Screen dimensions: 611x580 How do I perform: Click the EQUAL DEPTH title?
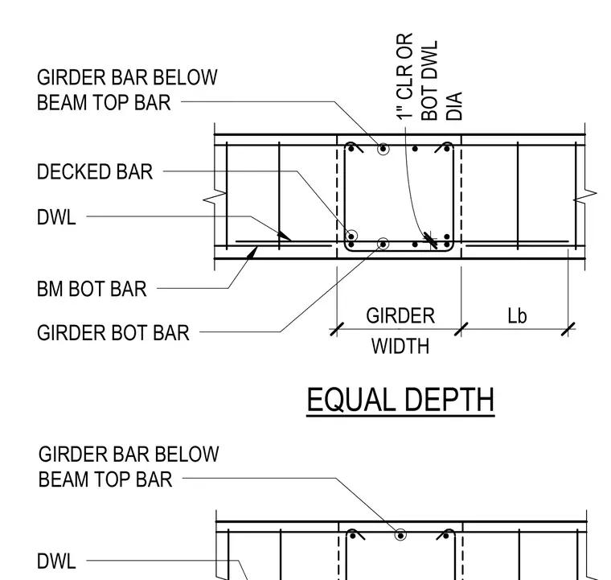point(400,400)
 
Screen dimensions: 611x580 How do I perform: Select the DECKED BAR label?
point(95,172)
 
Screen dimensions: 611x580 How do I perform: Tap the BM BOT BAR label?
point(92,290)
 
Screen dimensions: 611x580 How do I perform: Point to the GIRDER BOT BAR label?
point(113,333)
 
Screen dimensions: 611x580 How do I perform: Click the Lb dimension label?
point(517,315)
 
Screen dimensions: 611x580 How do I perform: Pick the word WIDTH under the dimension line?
point(400,346)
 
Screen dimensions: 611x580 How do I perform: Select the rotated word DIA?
point(454,105)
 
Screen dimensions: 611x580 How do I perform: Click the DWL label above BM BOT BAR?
point(56,217)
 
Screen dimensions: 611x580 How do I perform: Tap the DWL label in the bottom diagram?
point(56,561)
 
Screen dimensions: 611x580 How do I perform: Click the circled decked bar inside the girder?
point(351,236)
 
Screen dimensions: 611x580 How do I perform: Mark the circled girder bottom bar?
point(383,244)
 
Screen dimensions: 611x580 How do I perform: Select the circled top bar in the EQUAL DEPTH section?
point(383,149)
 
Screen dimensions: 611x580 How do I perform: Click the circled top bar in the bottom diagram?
point(400,535)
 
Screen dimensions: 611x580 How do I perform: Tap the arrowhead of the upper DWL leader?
point(284,236)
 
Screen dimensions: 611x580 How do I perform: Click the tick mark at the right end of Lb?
point(568,329)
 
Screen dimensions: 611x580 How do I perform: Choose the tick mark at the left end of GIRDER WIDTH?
point(337,329)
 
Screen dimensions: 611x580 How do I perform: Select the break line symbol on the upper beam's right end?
point(585,196)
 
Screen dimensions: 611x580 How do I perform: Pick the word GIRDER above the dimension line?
point(400,315)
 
